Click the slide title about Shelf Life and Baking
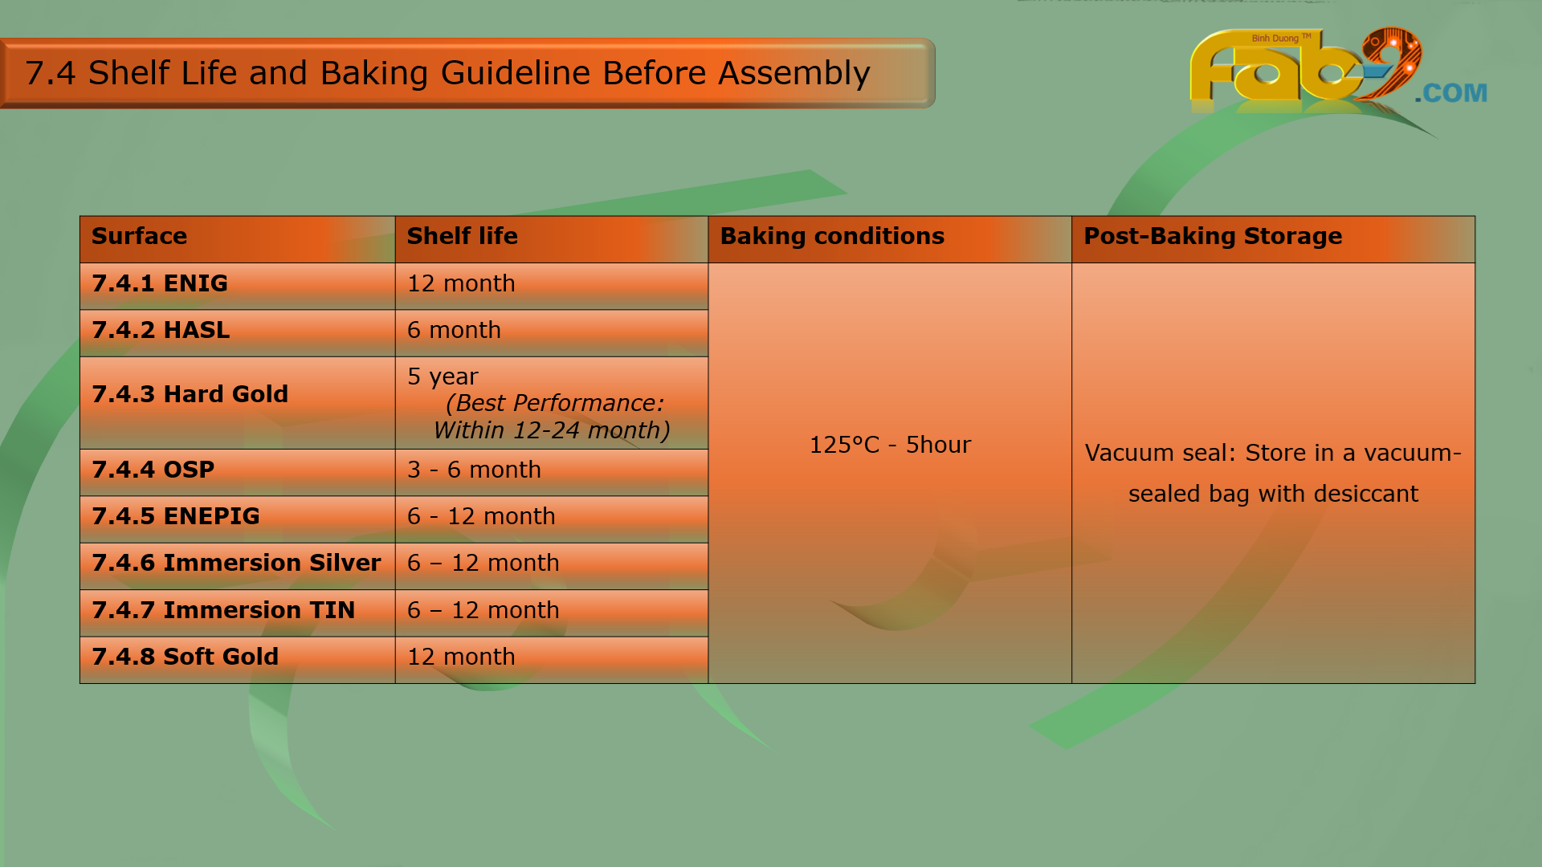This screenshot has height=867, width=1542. [447, 73]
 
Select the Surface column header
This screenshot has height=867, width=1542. [139, 236]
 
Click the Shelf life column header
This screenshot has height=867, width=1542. [462, 236]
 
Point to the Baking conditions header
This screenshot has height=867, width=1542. [832, 237]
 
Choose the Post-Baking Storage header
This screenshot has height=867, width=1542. [1213, 237]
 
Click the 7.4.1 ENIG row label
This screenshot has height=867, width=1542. [160, 283]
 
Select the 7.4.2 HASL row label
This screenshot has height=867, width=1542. [161, 330]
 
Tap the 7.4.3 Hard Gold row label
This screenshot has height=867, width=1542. [190, 394]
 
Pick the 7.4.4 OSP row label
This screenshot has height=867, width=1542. [153, 470]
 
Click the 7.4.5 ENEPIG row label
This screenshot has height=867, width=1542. [176, 516]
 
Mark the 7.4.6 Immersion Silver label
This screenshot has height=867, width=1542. [236, 563]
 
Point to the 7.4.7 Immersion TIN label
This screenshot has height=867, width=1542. [223, 610]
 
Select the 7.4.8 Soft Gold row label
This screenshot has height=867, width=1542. [185, 657]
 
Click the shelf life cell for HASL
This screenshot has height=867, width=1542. [454, 330]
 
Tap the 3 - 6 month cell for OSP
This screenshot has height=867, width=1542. [474, 470]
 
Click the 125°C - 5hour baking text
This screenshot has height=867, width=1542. [890, 445]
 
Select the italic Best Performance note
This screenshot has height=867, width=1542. [552, 417]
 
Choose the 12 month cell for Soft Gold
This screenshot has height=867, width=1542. [461, 657]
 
